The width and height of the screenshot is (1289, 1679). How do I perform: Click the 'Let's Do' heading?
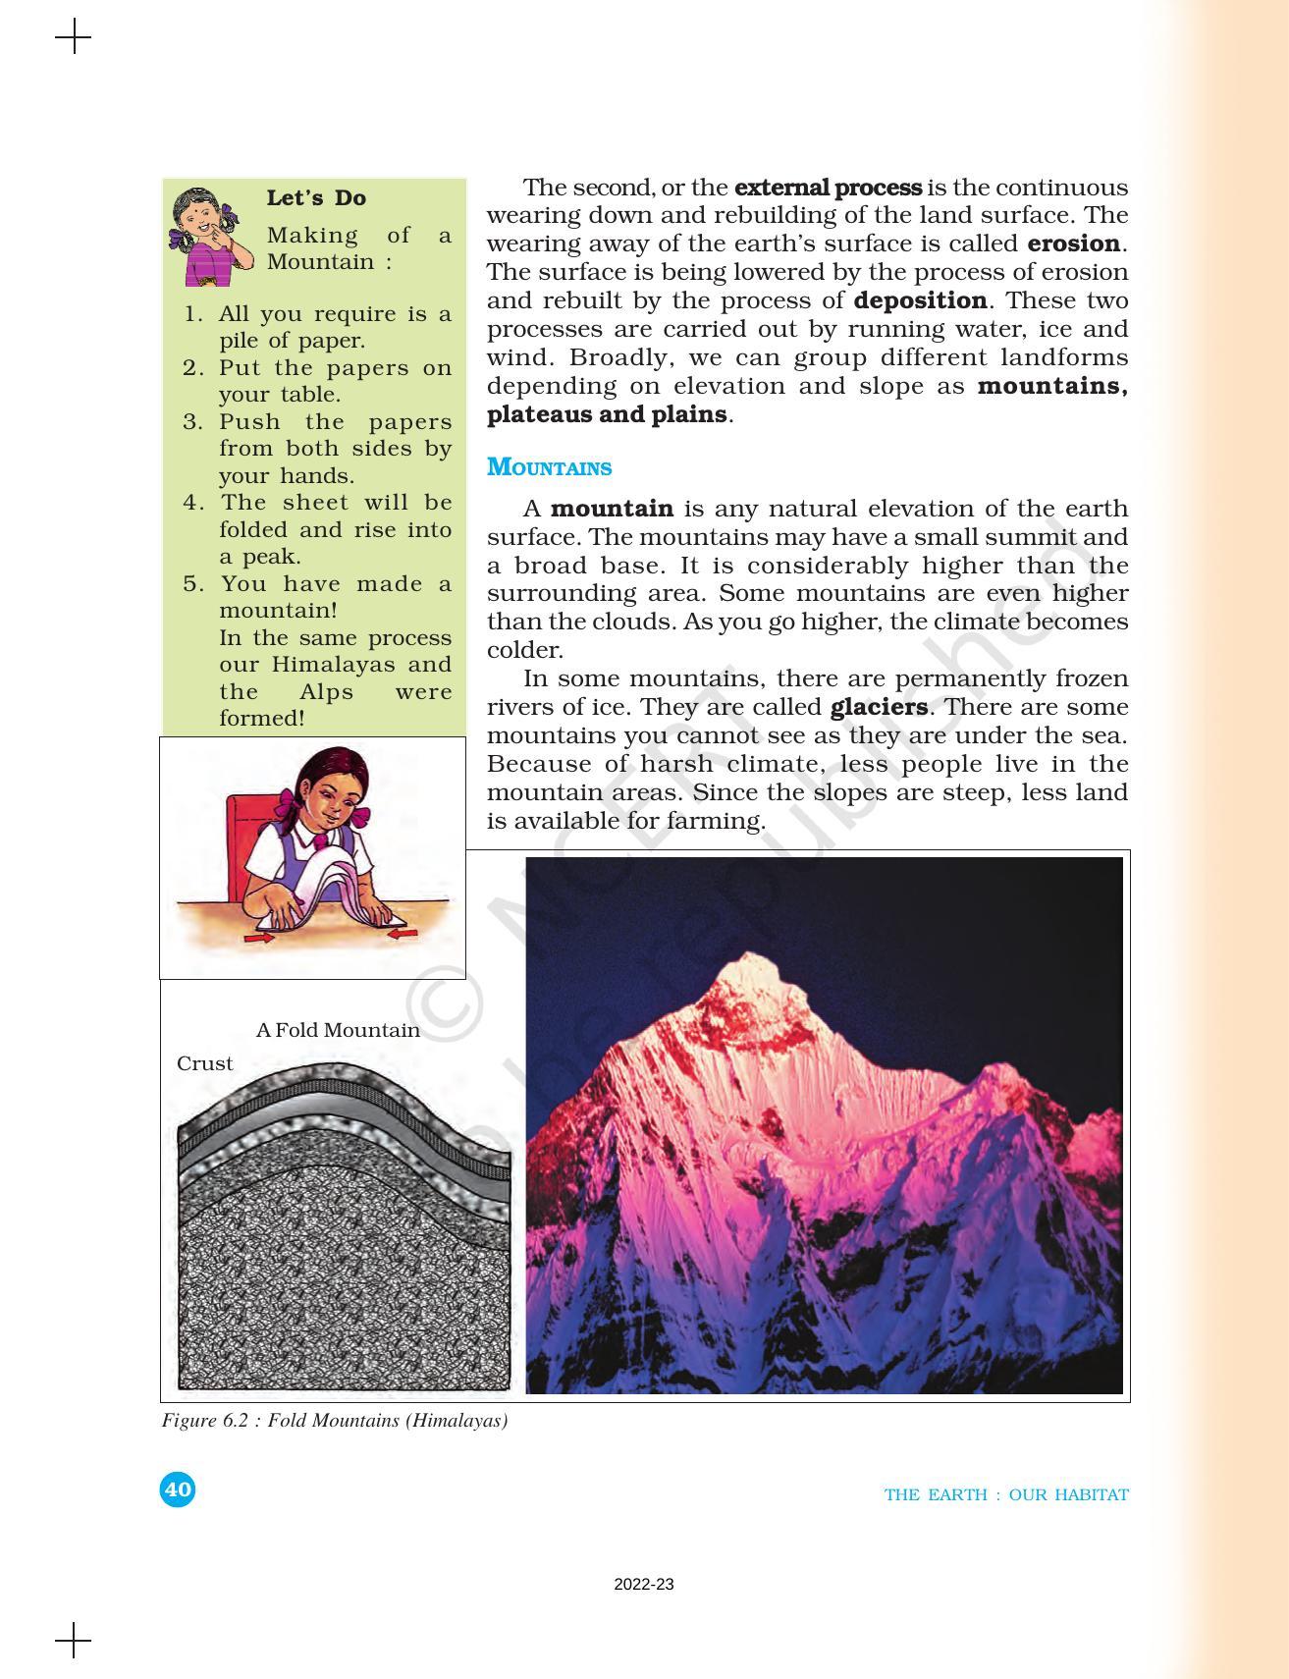[316, 198]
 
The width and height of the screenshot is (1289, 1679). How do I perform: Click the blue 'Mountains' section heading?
[549, 467]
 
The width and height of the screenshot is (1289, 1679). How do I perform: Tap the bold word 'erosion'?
[1074, 244]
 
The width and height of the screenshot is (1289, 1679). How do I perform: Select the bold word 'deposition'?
[920, 300]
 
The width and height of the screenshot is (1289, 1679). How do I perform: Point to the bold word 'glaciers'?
[879, 707]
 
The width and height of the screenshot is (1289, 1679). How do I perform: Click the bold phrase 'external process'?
[828, 187]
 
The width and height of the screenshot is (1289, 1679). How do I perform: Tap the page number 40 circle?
[178, 1489]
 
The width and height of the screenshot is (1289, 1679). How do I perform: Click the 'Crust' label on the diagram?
[204, 1063]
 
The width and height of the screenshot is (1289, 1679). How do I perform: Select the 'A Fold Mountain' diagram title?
[338, 1030]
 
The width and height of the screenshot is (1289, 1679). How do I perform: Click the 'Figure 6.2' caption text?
[335, 1421]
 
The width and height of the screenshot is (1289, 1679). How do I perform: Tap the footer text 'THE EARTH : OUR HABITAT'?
[1006, 1494]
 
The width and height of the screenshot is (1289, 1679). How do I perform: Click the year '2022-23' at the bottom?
[644, 1584]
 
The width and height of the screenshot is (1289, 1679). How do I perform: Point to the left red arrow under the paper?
[259, 939]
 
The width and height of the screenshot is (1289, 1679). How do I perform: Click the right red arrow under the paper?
[403, 935]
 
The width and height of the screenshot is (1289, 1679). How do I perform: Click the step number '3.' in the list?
[192, 422]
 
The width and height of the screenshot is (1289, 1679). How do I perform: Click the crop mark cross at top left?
[74, 38]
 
